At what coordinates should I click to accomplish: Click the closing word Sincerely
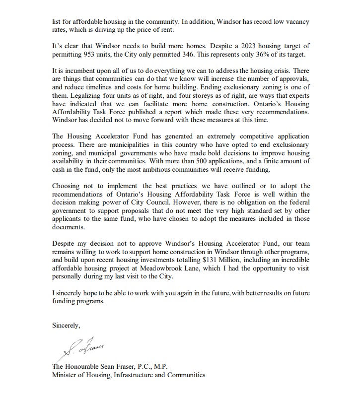click(x=66, y=325)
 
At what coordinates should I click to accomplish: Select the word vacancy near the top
click(x=296, y=22)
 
